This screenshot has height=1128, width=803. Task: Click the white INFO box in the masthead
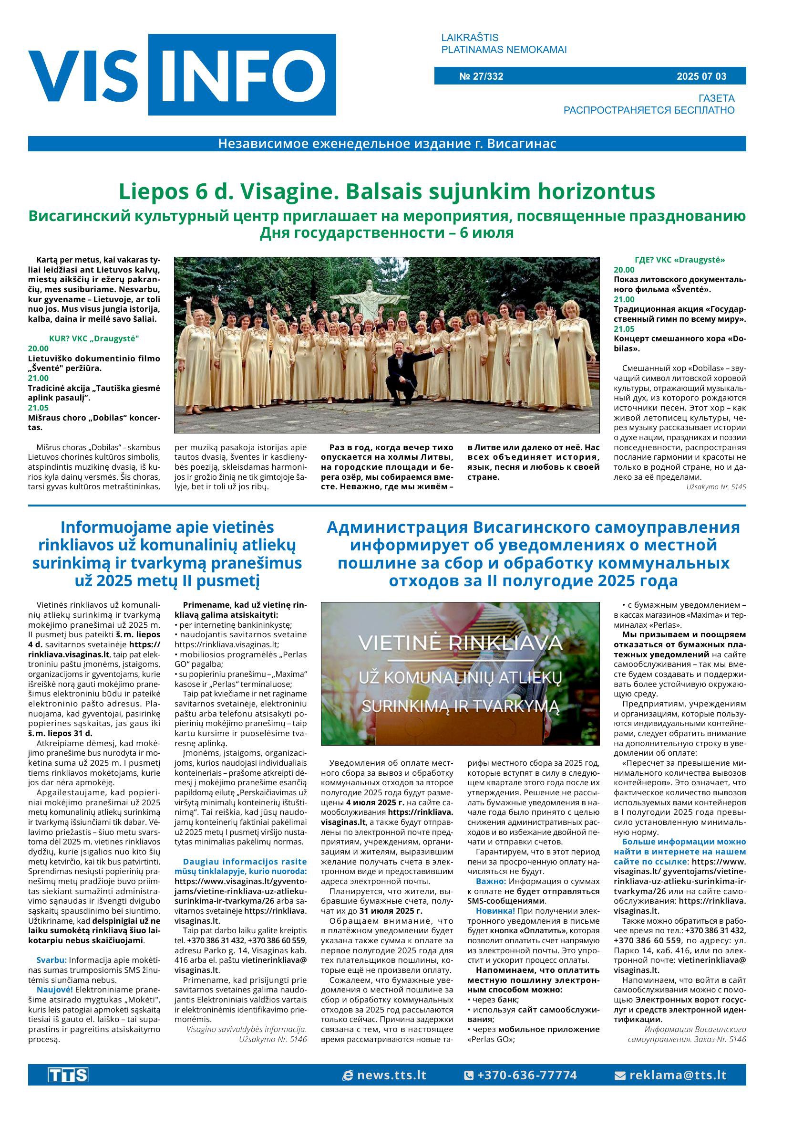(x=242, y=74)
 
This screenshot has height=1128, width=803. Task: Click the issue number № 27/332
(x=481, y=76)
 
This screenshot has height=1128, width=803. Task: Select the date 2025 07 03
(x=701, y=76)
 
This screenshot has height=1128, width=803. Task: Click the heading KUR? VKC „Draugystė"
(x=94, y=338)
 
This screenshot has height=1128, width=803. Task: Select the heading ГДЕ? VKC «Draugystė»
(x=679, y=260)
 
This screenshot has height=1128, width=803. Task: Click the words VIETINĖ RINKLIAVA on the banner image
(x=460, y=643)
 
